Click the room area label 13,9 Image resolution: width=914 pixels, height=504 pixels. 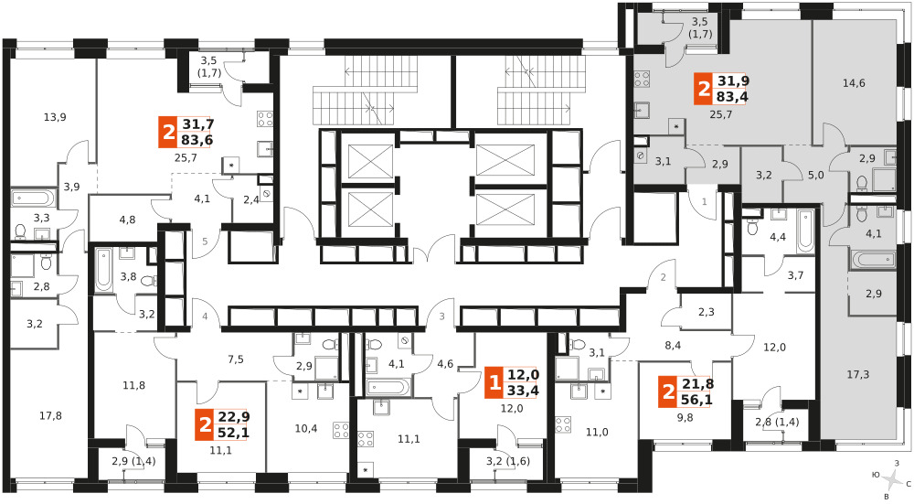(55, 117)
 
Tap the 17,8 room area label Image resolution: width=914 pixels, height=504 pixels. (50, 416)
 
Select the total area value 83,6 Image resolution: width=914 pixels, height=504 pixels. (197, 140)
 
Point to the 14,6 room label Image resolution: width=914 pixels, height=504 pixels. (854, 83)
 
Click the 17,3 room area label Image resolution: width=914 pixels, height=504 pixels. (858, 374)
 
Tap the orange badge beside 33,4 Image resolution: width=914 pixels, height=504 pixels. (494, 383)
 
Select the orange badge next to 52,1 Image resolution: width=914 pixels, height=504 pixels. (205, 425)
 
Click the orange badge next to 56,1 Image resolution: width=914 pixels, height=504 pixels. (668, 392)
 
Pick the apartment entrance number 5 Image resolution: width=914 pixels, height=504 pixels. (205, 241)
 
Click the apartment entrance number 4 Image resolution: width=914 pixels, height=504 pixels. (205, 316)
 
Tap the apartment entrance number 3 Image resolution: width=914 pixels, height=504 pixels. (441, 316)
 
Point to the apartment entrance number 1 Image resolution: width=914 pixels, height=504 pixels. (704, 202)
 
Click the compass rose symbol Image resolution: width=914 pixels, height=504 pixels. (892, 480)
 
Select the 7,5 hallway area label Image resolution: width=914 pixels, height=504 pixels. (236, 359)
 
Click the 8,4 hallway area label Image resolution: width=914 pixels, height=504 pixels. (673, 346)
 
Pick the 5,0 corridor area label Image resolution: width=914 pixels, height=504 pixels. (816, 175)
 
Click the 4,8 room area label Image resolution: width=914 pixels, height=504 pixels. (127, 220)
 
